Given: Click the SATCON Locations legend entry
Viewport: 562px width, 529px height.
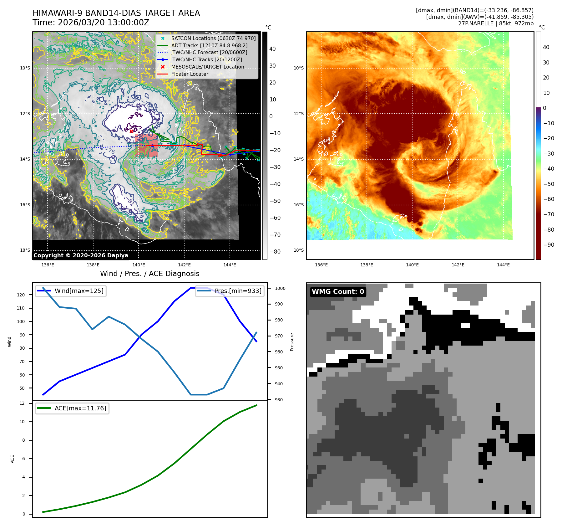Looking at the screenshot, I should [x=213, y=38].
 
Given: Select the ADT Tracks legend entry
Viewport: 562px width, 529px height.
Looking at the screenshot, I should [x=209, y=45].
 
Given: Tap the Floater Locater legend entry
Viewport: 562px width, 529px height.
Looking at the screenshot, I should [x=190, y=74].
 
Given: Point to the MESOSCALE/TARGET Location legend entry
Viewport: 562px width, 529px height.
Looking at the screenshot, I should [x=207, y=67].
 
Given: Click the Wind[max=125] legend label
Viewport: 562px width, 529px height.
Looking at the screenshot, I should [x=79, y=291].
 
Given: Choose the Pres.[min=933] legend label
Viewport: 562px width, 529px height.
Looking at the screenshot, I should [x=238, y=291].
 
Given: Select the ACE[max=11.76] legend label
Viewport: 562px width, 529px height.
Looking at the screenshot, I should [x=80, y=408].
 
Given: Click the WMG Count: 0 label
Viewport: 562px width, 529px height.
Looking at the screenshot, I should [x=338, y=292].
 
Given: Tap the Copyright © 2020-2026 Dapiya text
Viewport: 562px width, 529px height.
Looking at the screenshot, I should [x=81, y=255].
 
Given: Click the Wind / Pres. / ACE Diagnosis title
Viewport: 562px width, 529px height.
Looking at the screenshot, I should [x=149, y=274].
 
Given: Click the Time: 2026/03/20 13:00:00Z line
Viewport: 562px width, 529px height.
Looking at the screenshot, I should [x=91, y=23].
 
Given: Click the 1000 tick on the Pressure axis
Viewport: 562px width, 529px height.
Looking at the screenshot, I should [x=280, y=288].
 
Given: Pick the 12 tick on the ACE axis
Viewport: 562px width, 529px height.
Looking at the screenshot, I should [x=22, y=403].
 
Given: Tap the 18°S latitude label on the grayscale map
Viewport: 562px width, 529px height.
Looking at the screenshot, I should [x=25, y=250].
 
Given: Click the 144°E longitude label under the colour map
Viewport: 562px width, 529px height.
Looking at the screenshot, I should [x=503, y=265].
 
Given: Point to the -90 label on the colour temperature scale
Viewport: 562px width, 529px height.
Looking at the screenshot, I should [x=549, y=245].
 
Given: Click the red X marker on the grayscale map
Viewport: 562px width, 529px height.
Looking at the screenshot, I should [x=132, y=131].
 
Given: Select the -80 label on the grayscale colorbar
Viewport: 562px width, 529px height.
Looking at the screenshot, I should [x=275, y=252].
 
